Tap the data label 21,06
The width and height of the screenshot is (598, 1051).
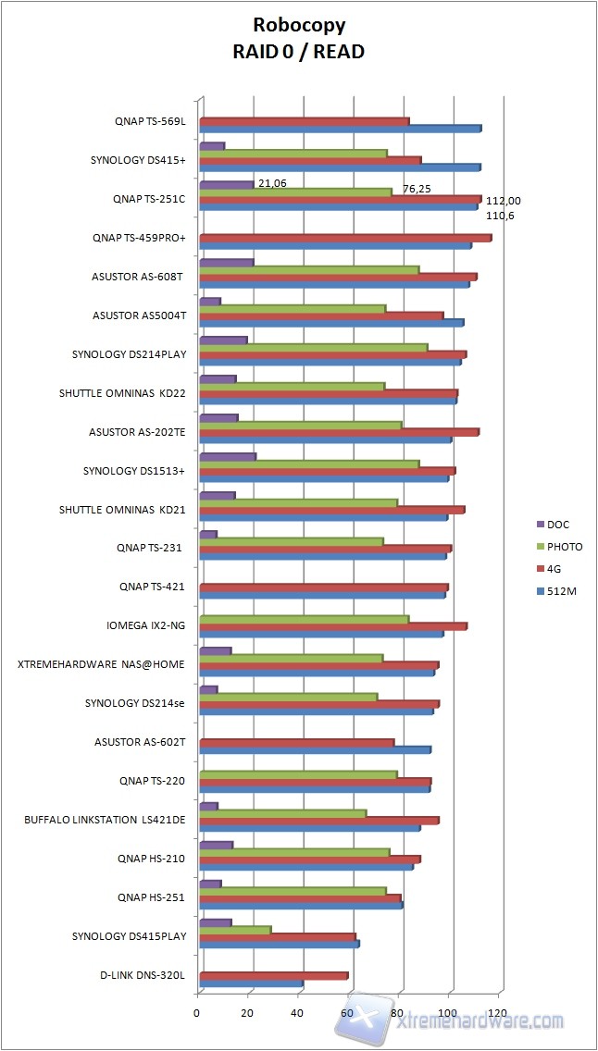point(272,183)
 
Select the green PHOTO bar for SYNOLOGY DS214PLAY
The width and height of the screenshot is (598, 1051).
point(314,348)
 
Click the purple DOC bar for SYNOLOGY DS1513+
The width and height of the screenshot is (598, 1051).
point(228,456)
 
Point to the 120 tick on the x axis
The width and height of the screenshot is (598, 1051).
point(500,1014)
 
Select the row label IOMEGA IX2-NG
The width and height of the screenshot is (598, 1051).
point(146,625)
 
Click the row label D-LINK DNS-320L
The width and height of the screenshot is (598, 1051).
point(143,975)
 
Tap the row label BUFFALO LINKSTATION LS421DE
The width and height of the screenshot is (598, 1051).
point(105,820)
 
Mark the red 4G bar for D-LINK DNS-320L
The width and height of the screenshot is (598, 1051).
point(274,975)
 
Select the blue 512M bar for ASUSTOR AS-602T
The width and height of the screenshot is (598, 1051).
point(315,749)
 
